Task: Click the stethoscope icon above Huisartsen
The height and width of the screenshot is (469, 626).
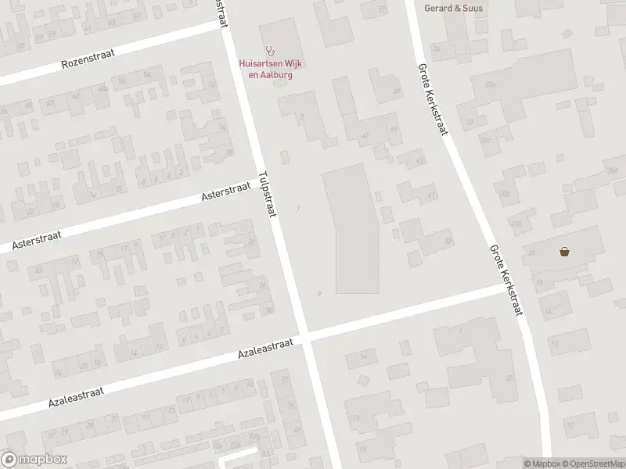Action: [270, 50]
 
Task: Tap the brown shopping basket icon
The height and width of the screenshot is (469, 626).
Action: [564, 252]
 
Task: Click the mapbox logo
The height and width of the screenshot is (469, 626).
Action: [34, 460]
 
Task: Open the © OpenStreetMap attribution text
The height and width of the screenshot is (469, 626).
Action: [593, 464]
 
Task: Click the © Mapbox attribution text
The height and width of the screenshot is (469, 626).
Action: [542, 464]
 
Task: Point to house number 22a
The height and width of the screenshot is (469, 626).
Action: [491, 84]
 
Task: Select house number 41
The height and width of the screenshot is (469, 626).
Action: [432, 195]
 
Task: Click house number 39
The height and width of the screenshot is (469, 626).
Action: [448, 241]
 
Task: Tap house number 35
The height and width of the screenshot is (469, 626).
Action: [509, 378]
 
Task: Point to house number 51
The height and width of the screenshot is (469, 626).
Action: [382, 9]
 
